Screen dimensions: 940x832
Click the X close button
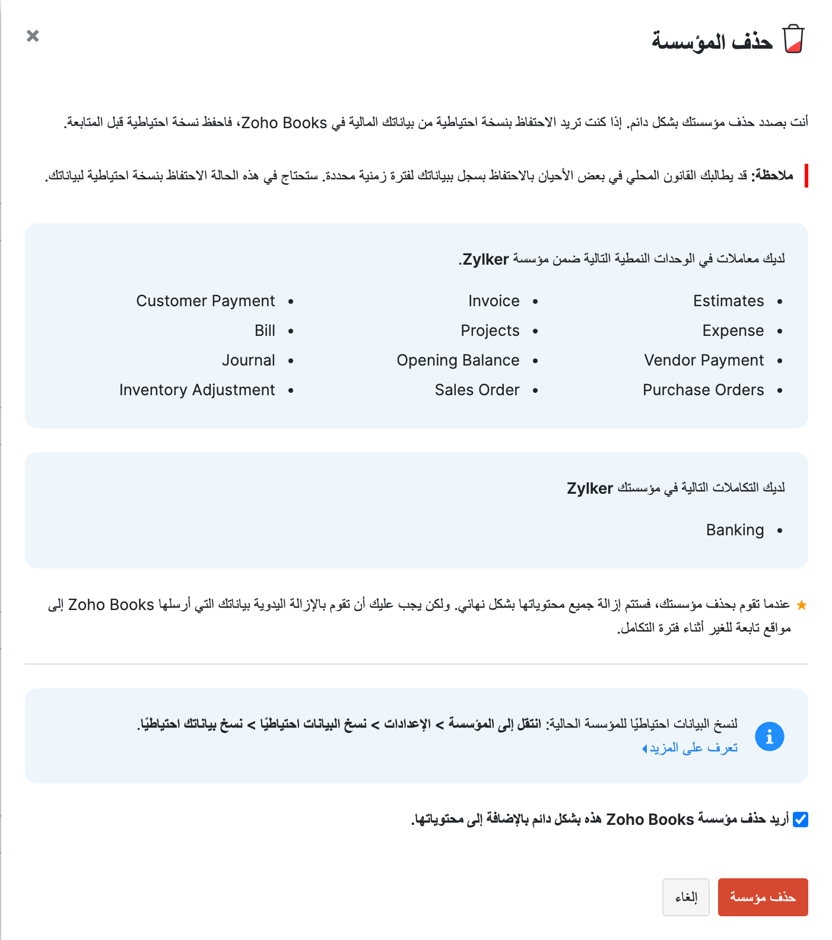(33, 36)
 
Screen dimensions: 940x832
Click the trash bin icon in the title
(793, 39)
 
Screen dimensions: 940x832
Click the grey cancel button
(685, 897)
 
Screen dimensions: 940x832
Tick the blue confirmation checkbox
(801, 820)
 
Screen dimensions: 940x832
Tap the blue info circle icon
(769, 736)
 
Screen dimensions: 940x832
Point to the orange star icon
(801, 605)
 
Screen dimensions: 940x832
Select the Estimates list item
(728, 301)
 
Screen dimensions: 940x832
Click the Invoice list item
(494, 301)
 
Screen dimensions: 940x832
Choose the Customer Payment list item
(205, 301)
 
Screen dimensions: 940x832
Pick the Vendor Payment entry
(704, 360)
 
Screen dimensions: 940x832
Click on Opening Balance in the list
(458, 360)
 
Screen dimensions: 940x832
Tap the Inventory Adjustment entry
(197, 390)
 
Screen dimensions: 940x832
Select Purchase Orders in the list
(703, 390)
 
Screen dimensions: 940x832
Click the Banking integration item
(735, 530)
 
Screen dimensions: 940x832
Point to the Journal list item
(248, 360)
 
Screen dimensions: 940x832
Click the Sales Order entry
(477, 390)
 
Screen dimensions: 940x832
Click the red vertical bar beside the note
(806, 176)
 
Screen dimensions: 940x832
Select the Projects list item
(490, 331)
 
